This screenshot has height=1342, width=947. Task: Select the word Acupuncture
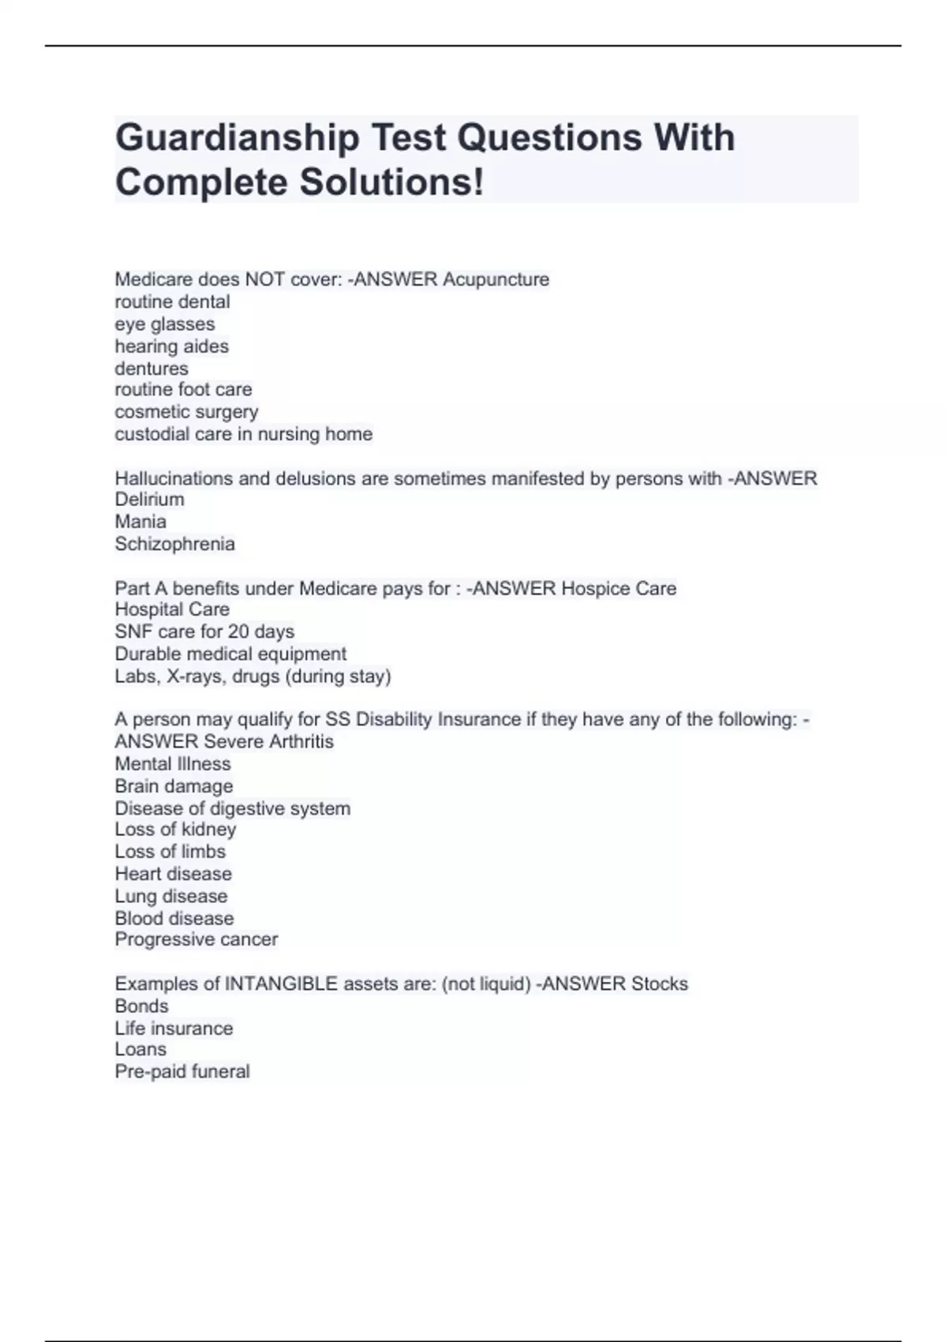click(496, 279)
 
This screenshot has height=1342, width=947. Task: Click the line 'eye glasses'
click(164, 324)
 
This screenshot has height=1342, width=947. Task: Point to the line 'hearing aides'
click(171, 347)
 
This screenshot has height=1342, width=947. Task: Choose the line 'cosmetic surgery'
click(186, 412)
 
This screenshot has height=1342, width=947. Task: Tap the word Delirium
click(149, 500)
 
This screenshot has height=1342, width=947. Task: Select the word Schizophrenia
click(174, 544)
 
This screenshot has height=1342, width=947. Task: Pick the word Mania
click(140, 522)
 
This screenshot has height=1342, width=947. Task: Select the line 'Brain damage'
click(174, 786)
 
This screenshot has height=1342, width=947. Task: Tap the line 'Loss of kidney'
click(175, 830)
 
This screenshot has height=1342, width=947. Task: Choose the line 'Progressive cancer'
click(196, 939)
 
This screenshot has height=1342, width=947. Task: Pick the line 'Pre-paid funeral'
click(182, 1072)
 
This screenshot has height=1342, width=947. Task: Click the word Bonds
click(141, 1006)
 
